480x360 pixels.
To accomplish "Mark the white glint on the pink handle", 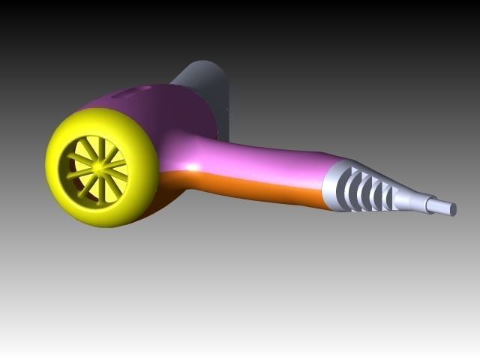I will pyautogui.click(x=193, y=166).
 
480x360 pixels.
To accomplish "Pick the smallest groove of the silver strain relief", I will pyautogui.click(x=391, y=197).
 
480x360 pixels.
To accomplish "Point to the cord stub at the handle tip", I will pyautogui.click(x=442, y=206).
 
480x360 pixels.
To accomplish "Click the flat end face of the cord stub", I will pyautogui.click(x=454, y=209).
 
